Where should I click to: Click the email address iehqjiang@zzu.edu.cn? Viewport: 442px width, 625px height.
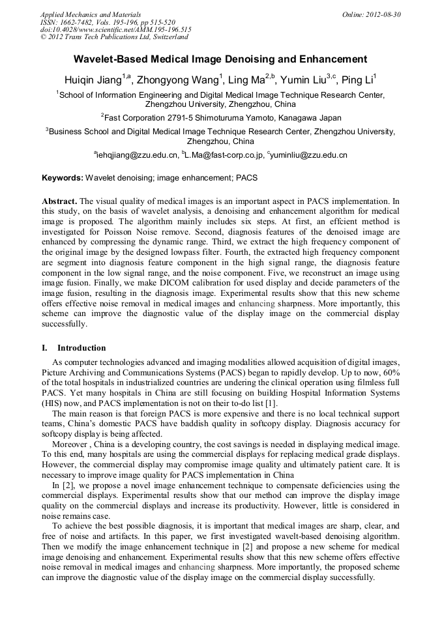pos(138,156)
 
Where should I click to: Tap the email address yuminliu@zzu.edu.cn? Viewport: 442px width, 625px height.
pos(308,156)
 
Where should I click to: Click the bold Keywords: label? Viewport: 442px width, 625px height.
pos(63,178)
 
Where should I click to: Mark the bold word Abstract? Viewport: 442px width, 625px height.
pos(60,201)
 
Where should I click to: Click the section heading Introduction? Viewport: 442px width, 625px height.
pos(81,348)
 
